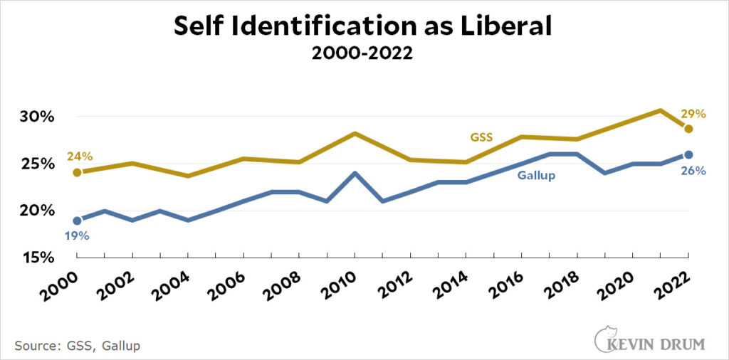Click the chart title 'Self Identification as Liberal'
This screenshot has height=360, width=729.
coord(364,26)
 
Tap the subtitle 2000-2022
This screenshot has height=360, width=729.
coord(364,54)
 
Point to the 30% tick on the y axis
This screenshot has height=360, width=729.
coord(36,117)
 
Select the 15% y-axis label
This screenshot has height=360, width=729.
coord(36,257)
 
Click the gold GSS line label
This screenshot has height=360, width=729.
coord(483,137)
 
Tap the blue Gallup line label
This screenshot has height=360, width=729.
coord(535,175)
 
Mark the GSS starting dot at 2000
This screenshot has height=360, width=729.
coord(77,172)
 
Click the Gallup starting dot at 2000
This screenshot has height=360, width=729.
coord(77,221)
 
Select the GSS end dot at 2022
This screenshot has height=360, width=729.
coord(688,129)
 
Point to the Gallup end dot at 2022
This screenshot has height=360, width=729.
coord(688,154)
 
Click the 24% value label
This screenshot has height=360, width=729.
coord(80,157)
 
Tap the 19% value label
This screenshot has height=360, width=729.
coord(76,235)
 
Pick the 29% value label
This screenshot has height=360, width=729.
coord(692,114)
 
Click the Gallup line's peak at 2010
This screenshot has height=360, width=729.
coord(355,173)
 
